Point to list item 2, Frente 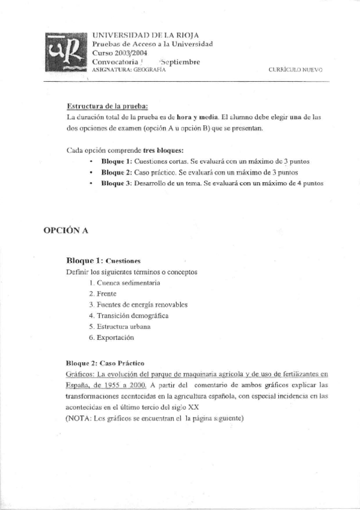coord(102,293)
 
